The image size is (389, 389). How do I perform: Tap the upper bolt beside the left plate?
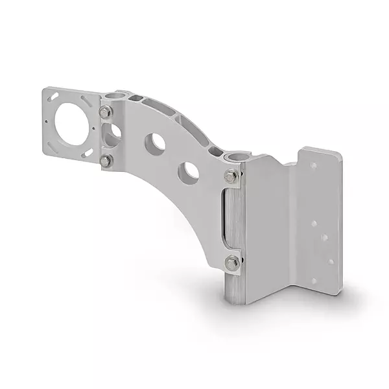coord(105,113)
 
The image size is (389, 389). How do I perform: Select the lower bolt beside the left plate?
coord(105,160)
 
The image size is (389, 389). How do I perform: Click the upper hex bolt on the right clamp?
coord(231,176)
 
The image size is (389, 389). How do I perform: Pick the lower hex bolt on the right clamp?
coord(231,263)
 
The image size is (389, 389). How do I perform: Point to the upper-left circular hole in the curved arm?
coord(154,144)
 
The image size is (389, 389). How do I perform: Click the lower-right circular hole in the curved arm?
coord(189,172)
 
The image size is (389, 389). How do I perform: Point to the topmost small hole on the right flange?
coord(313,167)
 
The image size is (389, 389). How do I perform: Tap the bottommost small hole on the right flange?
coord(314,281)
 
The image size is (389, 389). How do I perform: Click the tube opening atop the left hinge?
coord(116,95)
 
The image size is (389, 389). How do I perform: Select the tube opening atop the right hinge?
coord(235,157)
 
